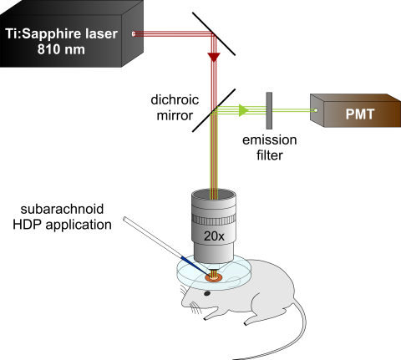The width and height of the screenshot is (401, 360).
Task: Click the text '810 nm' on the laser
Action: tap(61, 49)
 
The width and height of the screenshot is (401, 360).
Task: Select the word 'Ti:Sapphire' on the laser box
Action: tap(41, 34)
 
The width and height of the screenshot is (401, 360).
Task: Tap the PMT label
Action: tap(360, 114)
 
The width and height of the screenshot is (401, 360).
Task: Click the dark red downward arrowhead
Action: tap(214, 57)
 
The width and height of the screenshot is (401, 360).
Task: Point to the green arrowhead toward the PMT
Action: tap(244, 110)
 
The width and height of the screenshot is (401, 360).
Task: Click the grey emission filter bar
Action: tap(269, 111)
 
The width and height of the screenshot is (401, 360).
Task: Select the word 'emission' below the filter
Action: tap(270, 140)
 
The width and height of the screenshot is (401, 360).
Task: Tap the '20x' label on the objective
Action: tap(214, 236)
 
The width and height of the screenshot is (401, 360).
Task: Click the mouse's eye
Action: tap(207, 293)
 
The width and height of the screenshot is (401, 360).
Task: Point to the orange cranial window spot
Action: tap(214, 277)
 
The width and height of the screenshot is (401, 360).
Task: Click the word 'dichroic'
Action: tap(175, 99)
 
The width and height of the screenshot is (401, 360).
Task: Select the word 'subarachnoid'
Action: tap(62, 209)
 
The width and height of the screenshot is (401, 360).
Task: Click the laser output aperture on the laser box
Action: tap(134, 34)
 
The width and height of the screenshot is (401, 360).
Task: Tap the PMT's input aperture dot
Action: tap(316, 110)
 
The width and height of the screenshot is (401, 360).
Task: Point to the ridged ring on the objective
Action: tap(214, 220)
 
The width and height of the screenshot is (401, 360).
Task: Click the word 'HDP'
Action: tap(28, 225)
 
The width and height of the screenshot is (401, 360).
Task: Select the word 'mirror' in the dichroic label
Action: tap(175, 115)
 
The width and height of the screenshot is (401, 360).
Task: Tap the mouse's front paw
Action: tap(208, 317)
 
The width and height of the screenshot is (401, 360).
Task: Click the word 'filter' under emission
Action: tap(270, 155)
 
